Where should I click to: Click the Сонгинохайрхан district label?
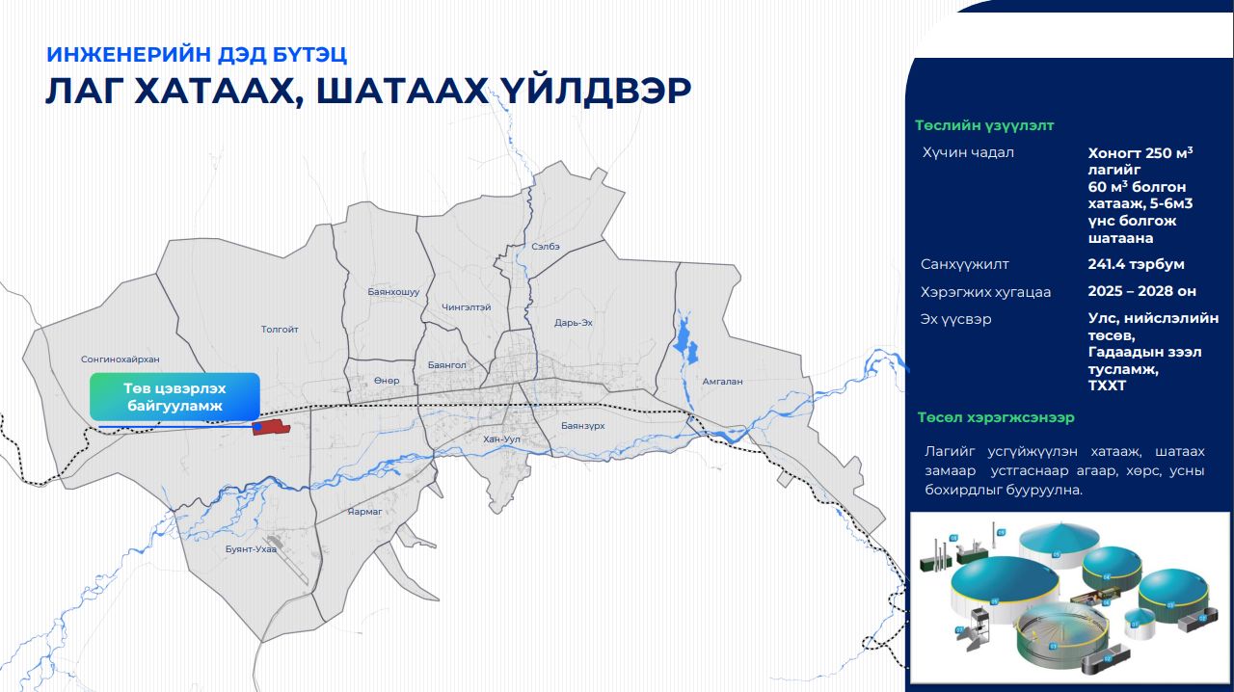tap(121, 359)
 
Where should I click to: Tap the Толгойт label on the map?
tap(280, 330)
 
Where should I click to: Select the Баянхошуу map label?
tap(393, 291)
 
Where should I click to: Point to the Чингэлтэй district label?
tap(467, 307)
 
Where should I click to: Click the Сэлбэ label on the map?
tap(546, 247)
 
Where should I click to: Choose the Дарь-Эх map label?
tap(574, 323)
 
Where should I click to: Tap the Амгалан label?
tap(723, 382)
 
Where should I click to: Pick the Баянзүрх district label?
tap(582, 425)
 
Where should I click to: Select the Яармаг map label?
tap(365, 512)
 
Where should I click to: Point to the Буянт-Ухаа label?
tap(251, 549)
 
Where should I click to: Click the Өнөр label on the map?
tap(387, 381)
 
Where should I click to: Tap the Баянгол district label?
tap(446, 365)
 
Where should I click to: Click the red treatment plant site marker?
tap(271, 428)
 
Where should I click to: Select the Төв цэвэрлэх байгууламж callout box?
tap(174, 397)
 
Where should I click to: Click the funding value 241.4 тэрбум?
tap(1136, 264)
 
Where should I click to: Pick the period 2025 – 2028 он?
tap(1141, 292)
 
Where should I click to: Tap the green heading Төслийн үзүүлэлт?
tap(984, 125)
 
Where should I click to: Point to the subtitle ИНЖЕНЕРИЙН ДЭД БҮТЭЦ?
tap(197, 54)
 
